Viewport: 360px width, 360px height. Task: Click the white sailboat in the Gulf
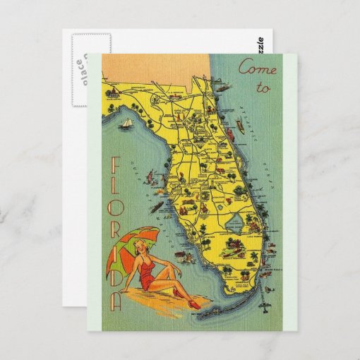tap(127, 124)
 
